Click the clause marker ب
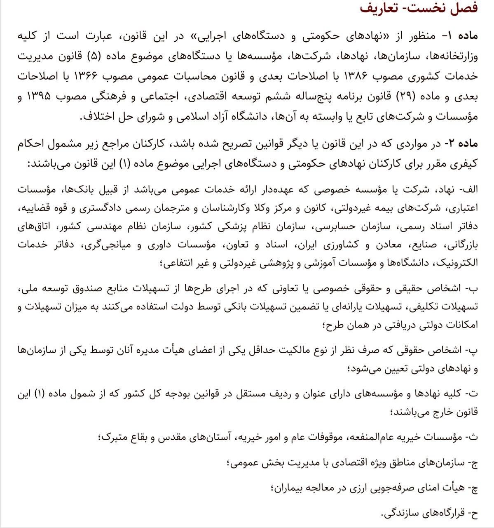(473, 289)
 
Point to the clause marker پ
(473, 350)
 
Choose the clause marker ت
(473, 394)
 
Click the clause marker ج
(474, 463)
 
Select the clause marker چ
(474, 488)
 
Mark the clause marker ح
(474, 513)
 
